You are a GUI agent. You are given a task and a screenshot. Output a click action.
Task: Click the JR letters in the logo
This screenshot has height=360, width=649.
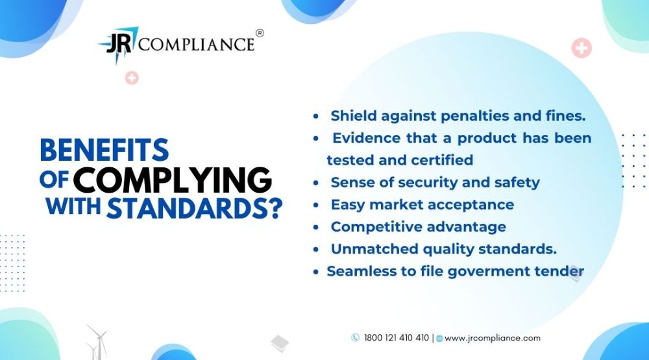click(119, 43)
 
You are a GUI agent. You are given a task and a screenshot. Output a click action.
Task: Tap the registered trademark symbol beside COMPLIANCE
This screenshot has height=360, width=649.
click(260, 33)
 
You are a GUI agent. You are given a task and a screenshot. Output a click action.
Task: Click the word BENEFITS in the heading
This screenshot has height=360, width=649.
click(104, 150)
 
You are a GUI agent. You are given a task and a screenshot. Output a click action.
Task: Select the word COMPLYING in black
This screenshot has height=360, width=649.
click(172, 180)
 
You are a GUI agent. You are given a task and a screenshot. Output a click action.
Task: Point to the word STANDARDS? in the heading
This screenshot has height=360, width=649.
click(195, 208)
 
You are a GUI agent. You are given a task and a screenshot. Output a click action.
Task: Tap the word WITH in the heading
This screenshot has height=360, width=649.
click(73, 206)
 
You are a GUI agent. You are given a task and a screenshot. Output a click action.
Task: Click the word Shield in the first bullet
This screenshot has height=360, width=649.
click(354, 115)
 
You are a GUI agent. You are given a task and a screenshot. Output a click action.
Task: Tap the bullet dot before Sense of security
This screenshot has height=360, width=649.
click(316, 183)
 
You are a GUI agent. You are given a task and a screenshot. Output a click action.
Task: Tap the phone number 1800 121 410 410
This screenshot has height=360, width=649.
click(397, 338)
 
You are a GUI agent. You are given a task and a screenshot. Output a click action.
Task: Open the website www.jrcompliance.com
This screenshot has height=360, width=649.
click(493, 338)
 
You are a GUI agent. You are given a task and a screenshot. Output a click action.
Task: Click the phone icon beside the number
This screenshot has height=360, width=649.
click(355, 338)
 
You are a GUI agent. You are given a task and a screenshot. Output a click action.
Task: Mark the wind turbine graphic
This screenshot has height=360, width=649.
click(97, 342)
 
